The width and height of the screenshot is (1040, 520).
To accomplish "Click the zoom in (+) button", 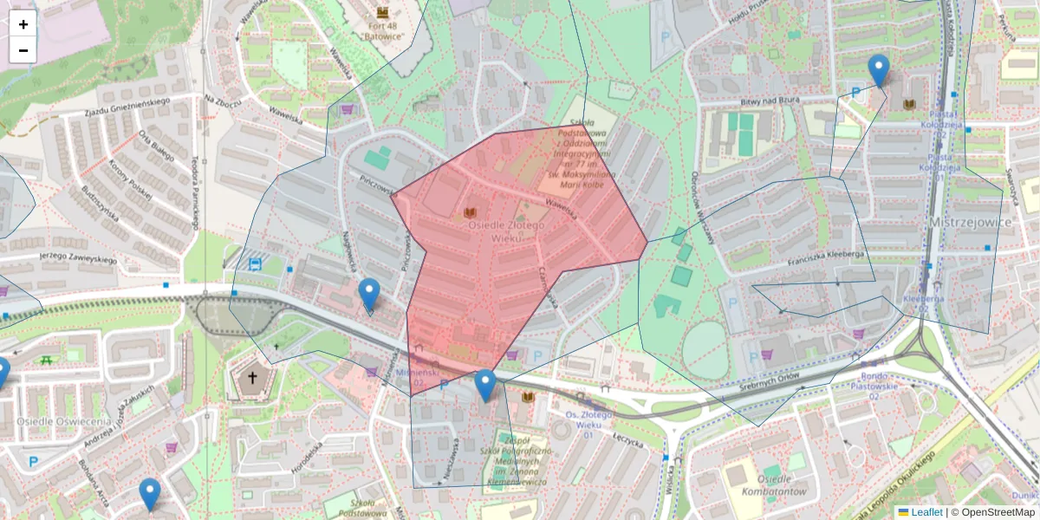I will pyautogui.click(x=23, y=24).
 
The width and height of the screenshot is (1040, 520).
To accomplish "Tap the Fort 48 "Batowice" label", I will pyautogui.click(x=382, y=31).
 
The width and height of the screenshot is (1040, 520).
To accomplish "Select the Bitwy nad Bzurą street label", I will pyautogui.click(x=774, y=101).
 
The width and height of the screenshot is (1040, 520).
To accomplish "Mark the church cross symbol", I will pyautogui.click(x=253, y=378).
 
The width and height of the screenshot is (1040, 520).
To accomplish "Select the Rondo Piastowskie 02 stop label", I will pyautogui.click(x=881, y=386).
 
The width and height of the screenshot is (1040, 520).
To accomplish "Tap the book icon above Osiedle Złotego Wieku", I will pyautogui.click(x=471, y=212).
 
